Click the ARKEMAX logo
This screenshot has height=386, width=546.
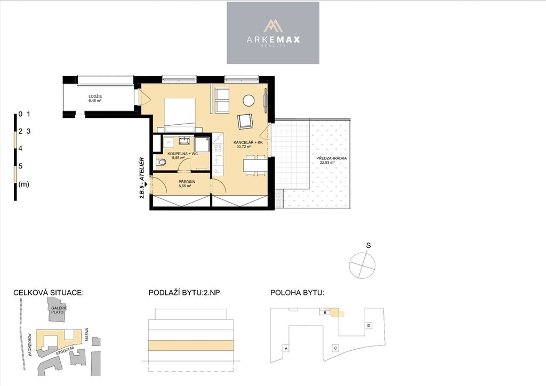(x=273, y=33)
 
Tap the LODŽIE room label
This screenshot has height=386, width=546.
(x=95, y=96)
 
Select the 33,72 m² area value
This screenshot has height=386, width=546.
(x=244, y=147)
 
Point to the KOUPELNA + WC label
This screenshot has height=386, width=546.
(x=182, y=154)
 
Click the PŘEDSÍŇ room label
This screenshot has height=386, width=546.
(x=187, y=182)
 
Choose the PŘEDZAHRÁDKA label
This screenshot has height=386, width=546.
(x=332, y=158)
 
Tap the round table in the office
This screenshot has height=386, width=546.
(x=248, y=101)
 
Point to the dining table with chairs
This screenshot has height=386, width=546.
(x=255, y=165)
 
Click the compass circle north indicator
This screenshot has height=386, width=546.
(x=363, y=266)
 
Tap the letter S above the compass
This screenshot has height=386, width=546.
(x=368, y=245)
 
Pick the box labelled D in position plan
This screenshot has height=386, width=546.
(x=369, y=325)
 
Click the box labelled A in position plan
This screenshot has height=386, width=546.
(x=286, y=348)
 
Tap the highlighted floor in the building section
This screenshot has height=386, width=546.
(x=191, y=345)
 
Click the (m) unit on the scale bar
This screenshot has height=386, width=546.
(x=23, y=184)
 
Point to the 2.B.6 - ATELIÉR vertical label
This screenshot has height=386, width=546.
(x=142, y=178)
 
